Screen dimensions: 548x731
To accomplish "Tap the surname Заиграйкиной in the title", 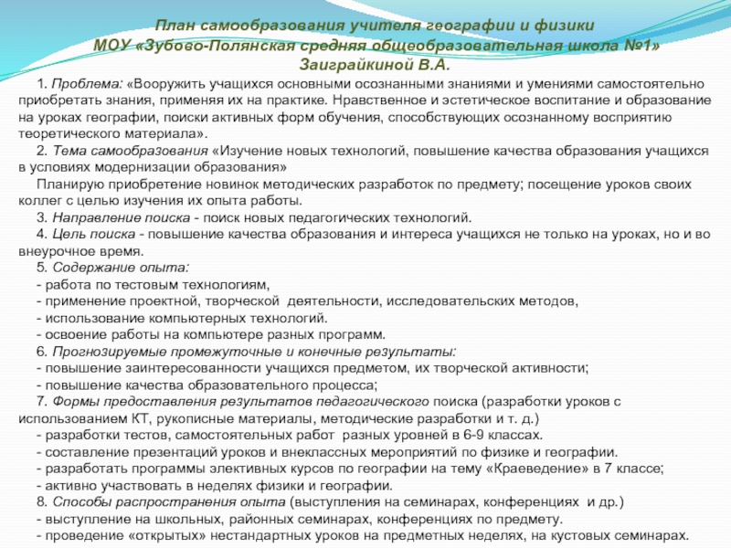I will pyautogui.click(x=355, y=65).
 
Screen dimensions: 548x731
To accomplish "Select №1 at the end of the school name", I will pyautogui.click(x=642, y=45).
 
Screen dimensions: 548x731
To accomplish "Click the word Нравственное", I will pyautogui.click(x=376, y=100).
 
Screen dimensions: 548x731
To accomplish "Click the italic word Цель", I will pyautogui.click(x=68, y=235).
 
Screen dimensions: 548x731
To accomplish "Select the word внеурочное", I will pyautogui.click(x=54, y=251).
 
